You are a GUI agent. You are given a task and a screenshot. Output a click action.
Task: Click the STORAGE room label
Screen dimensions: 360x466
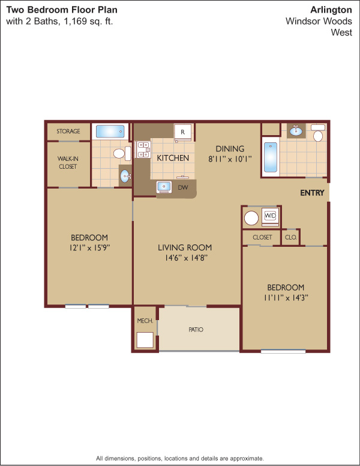pyautogui.click(x=68, y=131)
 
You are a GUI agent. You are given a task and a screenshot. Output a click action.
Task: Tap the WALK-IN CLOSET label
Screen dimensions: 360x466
pyautogui.click(x=68, y=163)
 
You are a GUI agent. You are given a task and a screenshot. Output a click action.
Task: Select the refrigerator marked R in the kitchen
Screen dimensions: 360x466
pyautogui.click(x=182, y=132)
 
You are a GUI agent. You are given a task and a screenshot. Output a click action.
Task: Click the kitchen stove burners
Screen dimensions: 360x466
pyautogui.click(x=143, y=150)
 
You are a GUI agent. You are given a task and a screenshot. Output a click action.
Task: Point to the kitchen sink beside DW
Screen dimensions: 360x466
pyautogui.click(x=164, y=187)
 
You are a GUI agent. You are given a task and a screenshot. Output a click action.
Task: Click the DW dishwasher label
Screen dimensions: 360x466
pyautogui.click(x=182, y=187)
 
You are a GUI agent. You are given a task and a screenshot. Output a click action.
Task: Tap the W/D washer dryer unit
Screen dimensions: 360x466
pyautogui.click(x=270, y=216)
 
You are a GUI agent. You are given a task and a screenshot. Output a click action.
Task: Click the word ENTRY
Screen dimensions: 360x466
pyautogui.click(x=312, y=193)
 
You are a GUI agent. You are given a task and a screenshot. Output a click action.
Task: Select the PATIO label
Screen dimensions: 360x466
pyautogui.click(x=196, y=330)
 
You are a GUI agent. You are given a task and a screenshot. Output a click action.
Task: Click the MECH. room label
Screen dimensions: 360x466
pyautogui.click(x=145, y=321)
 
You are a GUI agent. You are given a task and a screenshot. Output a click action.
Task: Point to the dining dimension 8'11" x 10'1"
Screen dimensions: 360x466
pyautogui.click(x=230, y=159)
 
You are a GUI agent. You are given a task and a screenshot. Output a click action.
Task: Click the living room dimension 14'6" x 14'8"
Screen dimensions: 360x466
pyautogui.click(x=186, y=258)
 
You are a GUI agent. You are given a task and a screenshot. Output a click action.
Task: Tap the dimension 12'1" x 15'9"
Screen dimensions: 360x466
pyautogui.click(x=89, y=247)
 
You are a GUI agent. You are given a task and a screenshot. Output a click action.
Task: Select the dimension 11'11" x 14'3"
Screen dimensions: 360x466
pyautogui.click(x=286, y=297)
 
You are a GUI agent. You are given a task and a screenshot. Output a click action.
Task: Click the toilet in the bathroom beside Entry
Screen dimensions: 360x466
pyautogui.click(x=318, y=133)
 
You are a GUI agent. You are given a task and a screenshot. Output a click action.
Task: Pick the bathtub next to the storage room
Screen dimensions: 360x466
pyautogui.click(x=110, y=132)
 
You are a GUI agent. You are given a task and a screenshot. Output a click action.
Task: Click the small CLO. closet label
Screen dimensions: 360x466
pyautogui.click(x=291, y=237)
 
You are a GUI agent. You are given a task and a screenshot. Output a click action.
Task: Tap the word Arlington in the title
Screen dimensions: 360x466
pyautogui.click(x=331, y=10)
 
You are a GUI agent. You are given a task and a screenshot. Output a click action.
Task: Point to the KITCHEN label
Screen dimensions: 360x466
pyautogui.click(x=173, y=158)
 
